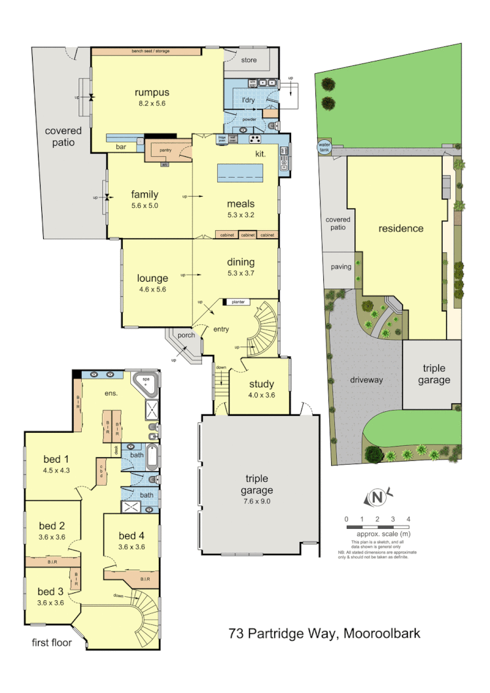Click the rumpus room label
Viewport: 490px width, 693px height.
pos(152,92)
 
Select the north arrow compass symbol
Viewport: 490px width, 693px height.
pos(377,498)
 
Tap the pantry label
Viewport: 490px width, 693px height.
pos(165,150)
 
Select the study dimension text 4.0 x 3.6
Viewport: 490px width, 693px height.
pos(261,395)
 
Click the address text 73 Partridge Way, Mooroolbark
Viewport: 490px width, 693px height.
pos(324,633)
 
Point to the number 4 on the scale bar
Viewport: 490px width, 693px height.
pos(409,519)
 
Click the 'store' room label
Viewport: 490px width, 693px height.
pos(249,61)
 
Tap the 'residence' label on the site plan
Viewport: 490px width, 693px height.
pos(400,229)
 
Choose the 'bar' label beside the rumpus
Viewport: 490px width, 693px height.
pos(121,147)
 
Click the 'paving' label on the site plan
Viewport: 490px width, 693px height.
pos(341,267)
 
